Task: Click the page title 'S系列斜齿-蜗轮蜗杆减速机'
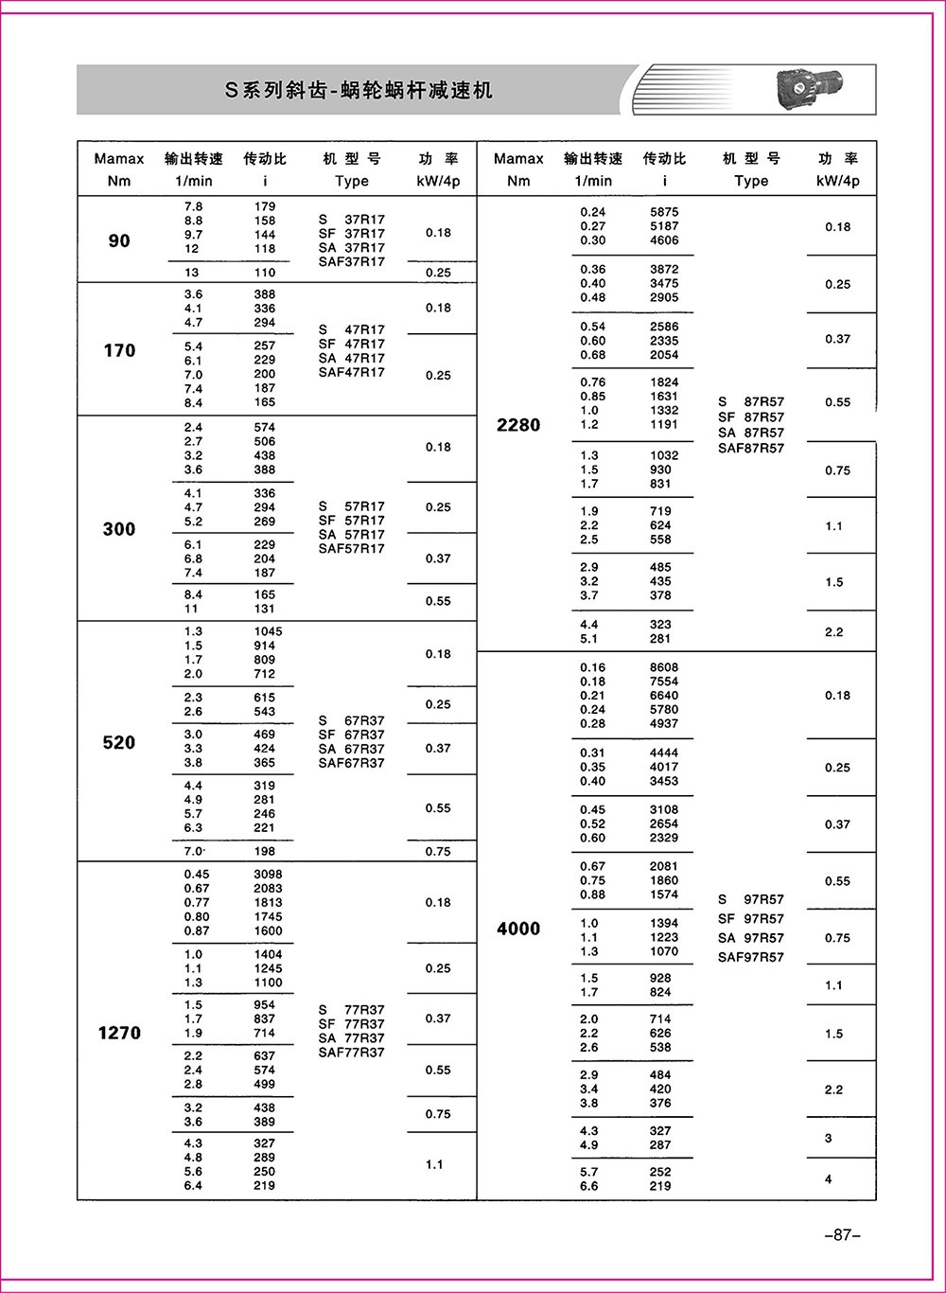[x=359, y=91]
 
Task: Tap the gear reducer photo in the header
[x=815, y=91]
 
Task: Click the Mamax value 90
[x=119, y=240]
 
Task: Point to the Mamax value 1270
[x=119, y=1033]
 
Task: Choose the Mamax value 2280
[x=518, y=425]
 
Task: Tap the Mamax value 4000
[x=518, y=929]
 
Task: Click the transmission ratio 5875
[x=664, y=212]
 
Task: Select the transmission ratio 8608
[x=664, y=667]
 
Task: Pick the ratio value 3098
[x=268, y=874]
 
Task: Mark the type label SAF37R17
[x=352, y=261]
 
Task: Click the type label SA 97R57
[x=751, y=937]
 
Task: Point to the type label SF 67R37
[x=352, y=735]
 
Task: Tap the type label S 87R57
[x=751, y=401]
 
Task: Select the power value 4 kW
[x=829, y=1179]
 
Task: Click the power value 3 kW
[x=829, y=1138]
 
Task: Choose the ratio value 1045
[x=268, y=631]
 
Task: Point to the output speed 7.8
[x=193, y=206]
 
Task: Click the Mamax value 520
[x=119, y=743]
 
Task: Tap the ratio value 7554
[x=664, y=682]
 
